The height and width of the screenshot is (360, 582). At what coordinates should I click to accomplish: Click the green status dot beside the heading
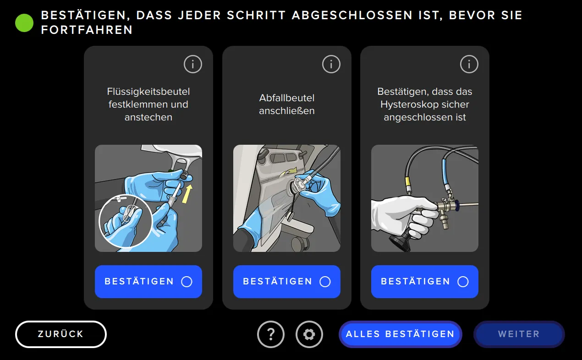point(24,23)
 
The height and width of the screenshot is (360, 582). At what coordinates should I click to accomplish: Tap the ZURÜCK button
point(61,334)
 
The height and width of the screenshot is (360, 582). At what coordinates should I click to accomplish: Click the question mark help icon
point(271,334)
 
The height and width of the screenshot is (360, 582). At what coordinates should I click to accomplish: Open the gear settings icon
point(309,334)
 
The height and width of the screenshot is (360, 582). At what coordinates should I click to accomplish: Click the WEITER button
point(519,334)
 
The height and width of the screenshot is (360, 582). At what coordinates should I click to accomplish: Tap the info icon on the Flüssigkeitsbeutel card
point(193,65)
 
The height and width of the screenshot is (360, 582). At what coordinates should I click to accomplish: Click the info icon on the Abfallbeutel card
point(331,65)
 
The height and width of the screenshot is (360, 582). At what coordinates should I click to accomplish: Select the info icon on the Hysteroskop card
point(469,65)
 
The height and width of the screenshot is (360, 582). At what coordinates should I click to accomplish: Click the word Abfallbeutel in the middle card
point(287,98)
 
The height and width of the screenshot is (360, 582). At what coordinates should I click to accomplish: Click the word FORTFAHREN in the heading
point(87,30)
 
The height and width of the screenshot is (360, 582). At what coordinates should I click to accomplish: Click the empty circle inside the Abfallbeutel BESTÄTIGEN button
point(325,282)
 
